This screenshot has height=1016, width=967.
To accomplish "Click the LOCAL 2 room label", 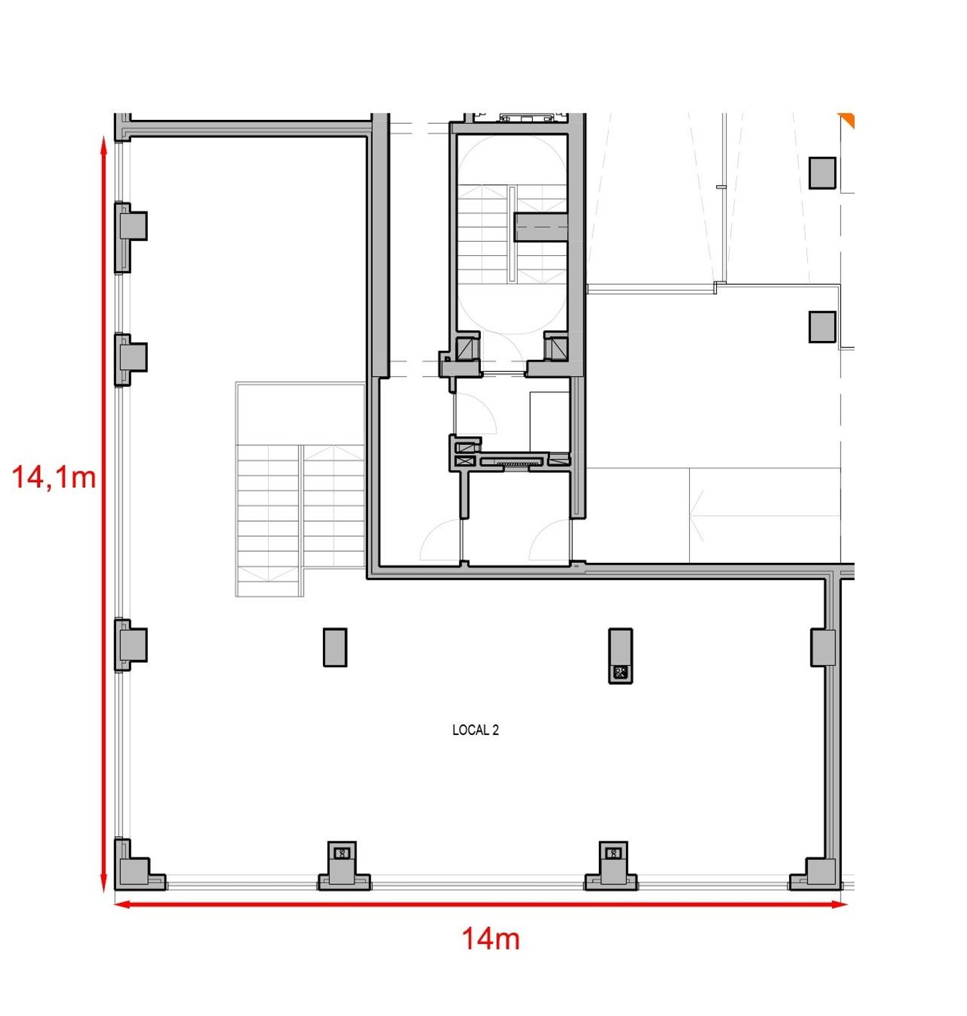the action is point(475,730).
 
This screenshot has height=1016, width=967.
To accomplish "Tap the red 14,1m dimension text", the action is point(54,478).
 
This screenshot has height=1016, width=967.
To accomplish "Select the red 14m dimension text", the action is point(491,939).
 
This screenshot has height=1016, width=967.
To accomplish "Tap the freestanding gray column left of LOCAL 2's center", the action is point(335,647).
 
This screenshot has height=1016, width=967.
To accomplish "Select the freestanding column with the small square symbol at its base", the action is point(620,656).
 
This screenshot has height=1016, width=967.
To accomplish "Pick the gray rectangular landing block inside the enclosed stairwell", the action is point(540,228).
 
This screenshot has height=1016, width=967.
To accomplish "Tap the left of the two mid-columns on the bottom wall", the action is point(344,866).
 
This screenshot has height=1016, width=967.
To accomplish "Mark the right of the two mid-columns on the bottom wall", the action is point(611,866).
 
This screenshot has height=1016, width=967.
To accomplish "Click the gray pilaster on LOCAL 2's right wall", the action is point(823,647).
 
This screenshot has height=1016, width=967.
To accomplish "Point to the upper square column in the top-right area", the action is point(823,173).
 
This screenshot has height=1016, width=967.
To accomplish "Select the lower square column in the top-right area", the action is point(823,327).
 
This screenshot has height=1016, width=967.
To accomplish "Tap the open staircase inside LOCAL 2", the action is point(300,490).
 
